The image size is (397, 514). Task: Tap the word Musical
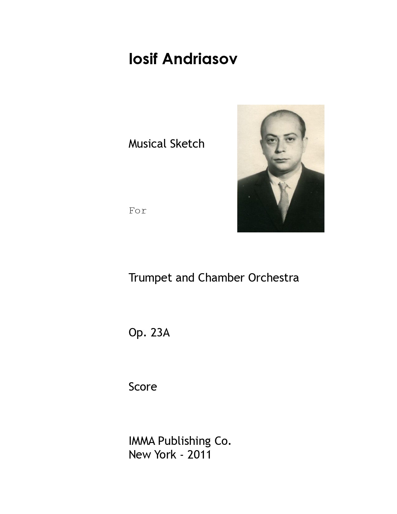pos(148,144)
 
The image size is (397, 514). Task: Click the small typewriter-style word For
pos(138,211)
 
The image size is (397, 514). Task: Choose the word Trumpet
pos(151,278)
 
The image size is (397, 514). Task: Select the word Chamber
pos(221,278)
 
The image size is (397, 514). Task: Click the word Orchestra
pos(273,278)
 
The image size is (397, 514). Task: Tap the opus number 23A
pos(160,333)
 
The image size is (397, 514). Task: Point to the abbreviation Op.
pos(137,333)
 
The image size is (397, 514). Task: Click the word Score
pos(143,387)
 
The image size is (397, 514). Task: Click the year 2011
pos(199,455)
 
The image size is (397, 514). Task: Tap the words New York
pos(152,455)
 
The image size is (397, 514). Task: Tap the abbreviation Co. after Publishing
pos(222,441)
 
